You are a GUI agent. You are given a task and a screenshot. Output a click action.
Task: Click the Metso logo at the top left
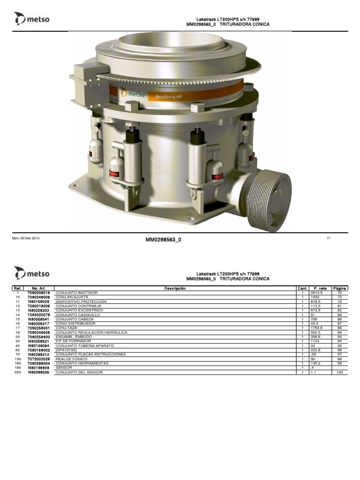(x=31, y=19)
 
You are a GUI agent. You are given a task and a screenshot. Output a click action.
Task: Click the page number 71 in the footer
(x=328, y=239)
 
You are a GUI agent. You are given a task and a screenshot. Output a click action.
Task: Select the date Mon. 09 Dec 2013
(x=26, y=239)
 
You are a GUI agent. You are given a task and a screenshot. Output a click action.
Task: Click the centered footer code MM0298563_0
(x=164, y=240)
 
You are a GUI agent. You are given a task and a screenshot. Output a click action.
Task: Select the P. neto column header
(x=320, y=288)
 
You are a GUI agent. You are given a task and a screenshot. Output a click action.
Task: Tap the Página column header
(x=339, y=288)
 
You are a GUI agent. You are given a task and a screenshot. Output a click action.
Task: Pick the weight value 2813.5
(x=317, y=292)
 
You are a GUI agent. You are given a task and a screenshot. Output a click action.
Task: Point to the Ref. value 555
(x=18, y=372)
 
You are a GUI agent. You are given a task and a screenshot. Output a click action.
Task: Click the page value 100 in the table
(x=339, y=372)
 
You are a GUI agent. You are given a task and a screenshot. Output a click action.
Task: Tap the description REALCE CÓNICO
(x=69, y=359)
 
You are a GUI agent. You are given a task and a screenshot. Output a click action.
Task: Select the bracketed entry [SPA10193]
(x=66, y=350)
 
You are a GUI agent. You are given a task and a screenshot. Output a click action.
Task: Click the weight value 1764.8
(x=317, y=328)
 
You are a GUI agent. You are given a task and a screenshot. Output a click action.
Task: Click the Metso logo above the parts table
(x=31, y=273)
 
